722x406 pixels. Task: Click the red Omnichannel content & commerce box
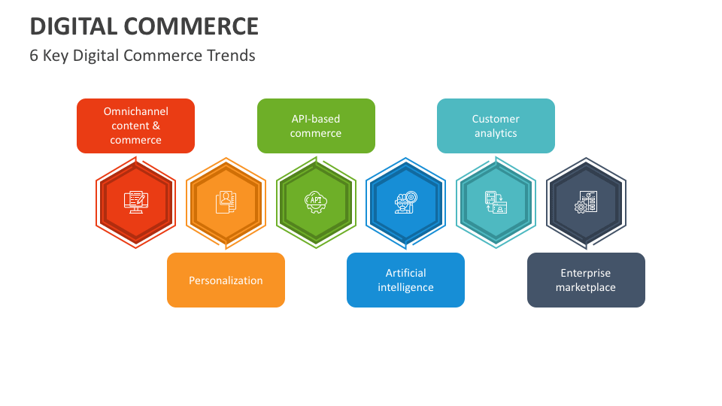click(x=135, y=126)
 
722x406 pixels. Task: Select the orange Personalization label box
click(x=226, y=280)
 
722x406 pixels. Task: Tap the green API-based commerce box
click(x=316, y=126)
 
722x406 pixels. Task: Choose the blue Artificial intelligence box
click(x=405, y=280)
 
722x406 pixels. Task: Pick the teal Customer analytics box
click(x=496, y=126)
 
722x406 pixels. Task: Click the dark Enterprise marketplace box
click(x=586, y=280)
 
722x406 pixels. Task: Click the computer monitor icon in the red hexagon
click(x=136, y=201)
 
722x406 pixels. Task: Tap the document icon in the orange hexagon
click(x=226, y=201)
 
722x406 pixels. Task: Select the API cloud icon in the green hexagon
click(x=316, y=201)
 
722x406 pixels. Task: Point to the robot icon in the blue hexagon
click(x=405, y=201)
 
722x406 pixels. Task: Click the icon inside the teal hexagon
click(x=496, y=201)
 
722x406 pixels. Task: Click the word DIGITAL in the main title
click(x=73, y=26)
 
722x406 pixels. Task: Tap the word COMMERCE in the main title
click(x=191, y=26)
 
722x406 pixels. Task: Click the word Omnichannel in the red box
click(x=136, y=111)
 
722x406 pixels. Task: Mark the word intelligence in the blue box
click(x=405, y=287)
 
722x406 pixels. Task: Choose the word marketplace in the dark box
click(x=586, y=287)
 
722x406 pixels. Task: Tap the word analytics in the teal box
click(x=496, y=133)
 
